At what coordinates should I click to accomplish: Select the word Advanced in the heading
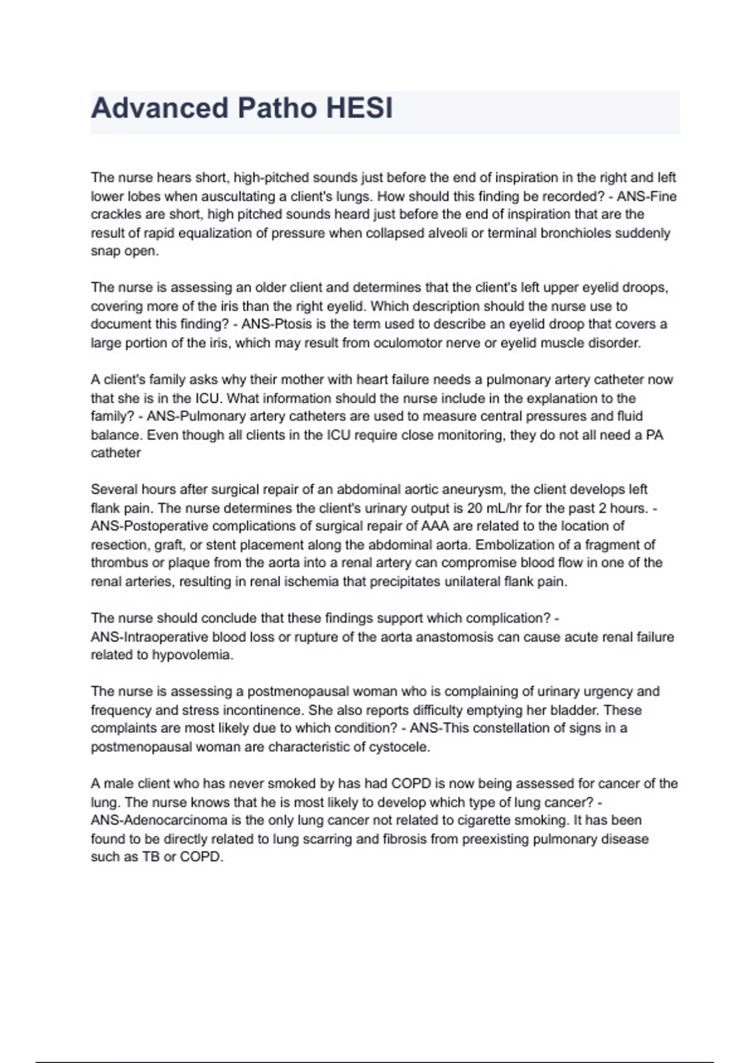[x=159, y=108]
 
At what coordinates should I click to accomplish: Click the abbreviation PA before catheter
[x=654, y=435]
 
